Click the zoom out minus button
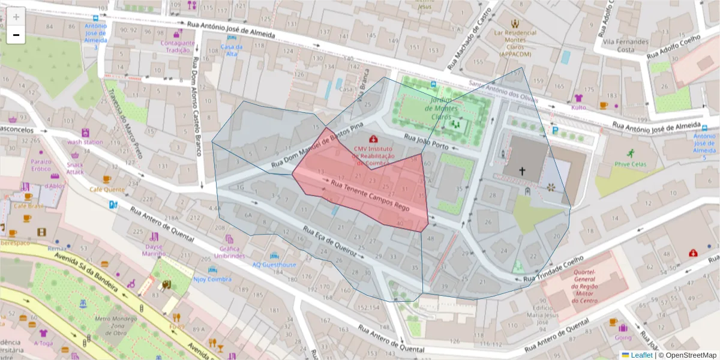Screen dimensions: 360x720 point(16,35)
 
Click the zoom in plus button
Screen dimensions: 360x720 point(16,17)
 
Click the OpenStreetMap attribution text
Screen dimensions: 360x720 point(690,355)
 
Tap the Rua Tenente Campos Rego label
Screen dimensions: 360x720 point(370,195)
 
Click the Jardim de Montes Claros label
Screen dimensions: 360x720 point(441,109)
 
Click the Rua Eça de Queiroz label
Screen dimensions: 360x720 point(330,242)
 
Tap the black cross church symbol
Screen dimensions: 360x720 point(522,171)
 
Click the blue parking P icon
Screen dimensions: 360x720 point(556,129)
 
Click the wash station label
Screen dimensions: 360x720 point(85,142)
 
